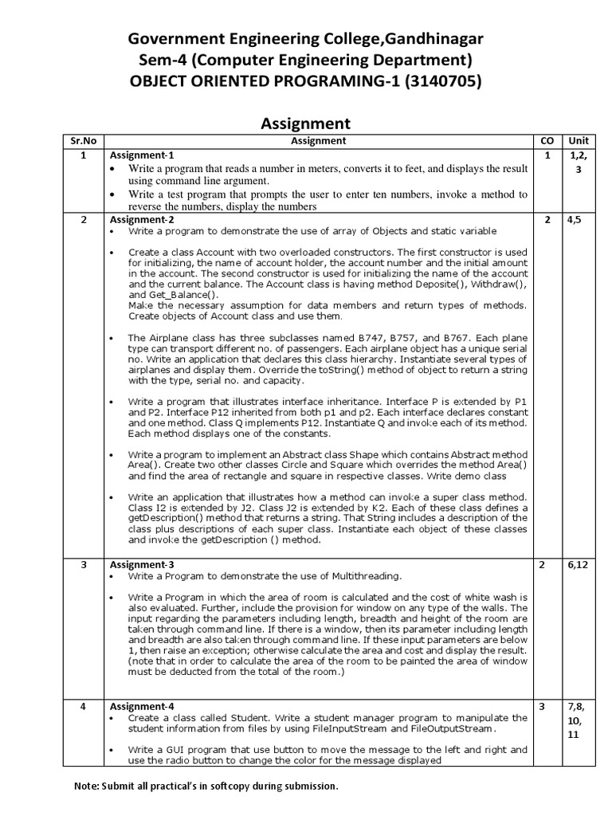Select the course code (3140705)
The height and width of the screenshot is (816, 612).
tap(441, 81)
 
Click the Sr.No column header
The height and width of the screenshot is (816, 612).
tap(83, 141)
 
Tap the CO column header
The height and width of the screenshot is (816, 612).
tap(546, 141)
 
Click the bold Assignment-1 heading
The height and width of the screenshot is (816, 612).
tap(141, 155)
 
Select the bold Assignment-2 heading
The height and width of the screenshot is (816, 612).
tap(142, 219)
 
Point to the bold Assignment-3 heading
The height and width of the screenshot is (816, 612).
tap(142, 565)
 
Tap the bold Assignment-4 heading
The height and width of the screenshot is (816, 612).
tap(142, 706)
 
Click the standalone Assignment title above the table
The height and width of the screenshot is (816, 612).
tap(306, 123)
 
